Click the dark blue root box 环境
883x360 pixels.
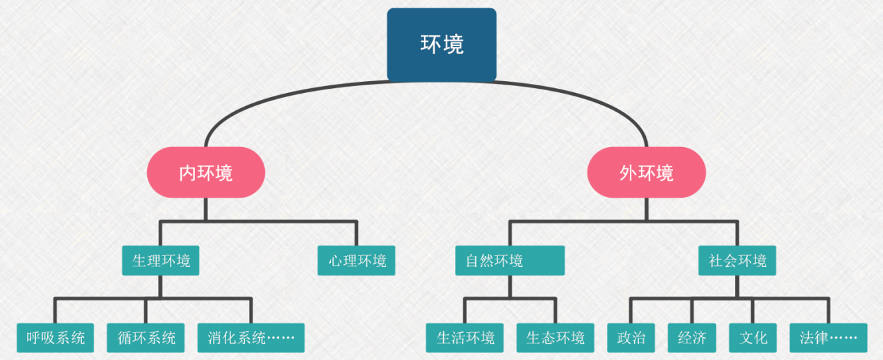click(x=441, y=44)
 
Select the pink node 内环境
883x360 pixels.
click(x=206, y=173)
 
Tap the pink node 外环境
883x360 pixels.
click(x=646, y=173)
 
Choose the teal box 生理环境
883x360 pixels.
click(x=161, y=261)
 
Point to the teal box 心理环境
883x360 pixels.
click(x=357, y=261)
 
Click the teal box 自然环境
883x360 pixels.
click(x=510, y=261)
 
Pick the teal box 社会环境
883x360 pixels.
click(x=737, y=261)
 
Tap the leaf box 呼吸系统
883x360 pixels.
click(x=55, y=338)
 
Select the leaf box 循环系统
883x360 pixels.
click(x=146, y=338)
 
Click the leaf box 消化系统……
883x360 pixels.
click(x=251, y=338)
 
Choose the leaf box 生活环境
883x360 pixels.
click(x=465, y=338)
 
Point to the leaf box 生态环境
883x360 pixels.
click(x=555, y=338)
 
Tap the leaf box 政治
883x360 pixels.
click(x=631, y=338)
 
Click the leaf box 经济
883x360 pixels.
click(x=692, y=338)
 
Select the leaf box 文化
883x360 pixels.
click(x=753, y=338)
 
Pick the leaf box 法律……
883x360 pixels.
click(x=828, y=338)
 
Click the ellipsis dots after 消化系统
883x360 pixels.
click(x=282, y=338)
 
